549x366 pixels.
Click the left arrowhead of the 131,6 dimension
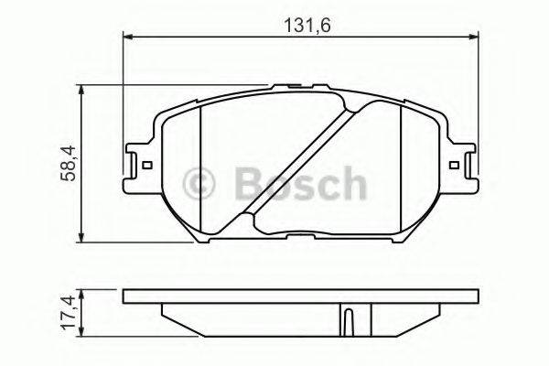click(x=128, y=38)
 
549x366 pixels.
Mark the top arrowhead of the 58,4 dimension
click(x=83, y=91)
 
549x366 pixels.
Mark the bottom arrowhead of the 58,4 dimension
click(x=83, y=240)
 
